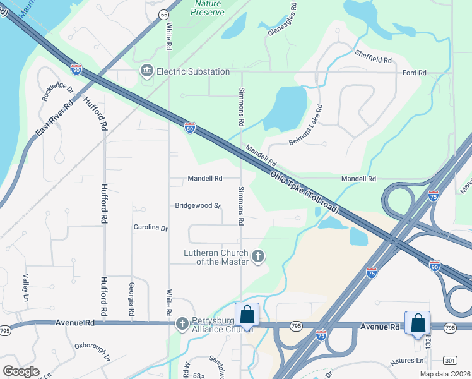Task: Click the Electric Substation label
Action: click(x=193, y=71)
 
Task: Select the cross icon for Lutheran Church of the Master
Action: click(x=257, y=256)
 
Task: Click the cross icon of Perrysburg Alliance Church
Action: click(x=182, y=324)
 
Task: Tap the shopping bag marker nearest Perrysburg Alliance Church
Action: click(x=246, y=314)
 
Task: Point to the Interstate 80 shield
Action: click(x=190, y=129)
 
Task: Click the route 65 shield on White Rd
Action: click(x=164, y=14)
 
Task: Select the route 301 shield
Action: click(x=451, y=361)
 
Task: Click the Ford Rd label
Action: click(x=415, y=73)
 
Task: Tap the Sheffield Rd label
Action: click(x=373, y=56)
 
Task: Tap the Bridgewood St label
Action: click(x=198, y=205)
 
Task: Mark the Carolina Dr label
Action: click(x=150, y=227)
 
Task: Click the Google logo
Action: click(x=21, y=371)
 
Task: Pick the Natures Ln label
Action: click(x=407, y=361)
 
